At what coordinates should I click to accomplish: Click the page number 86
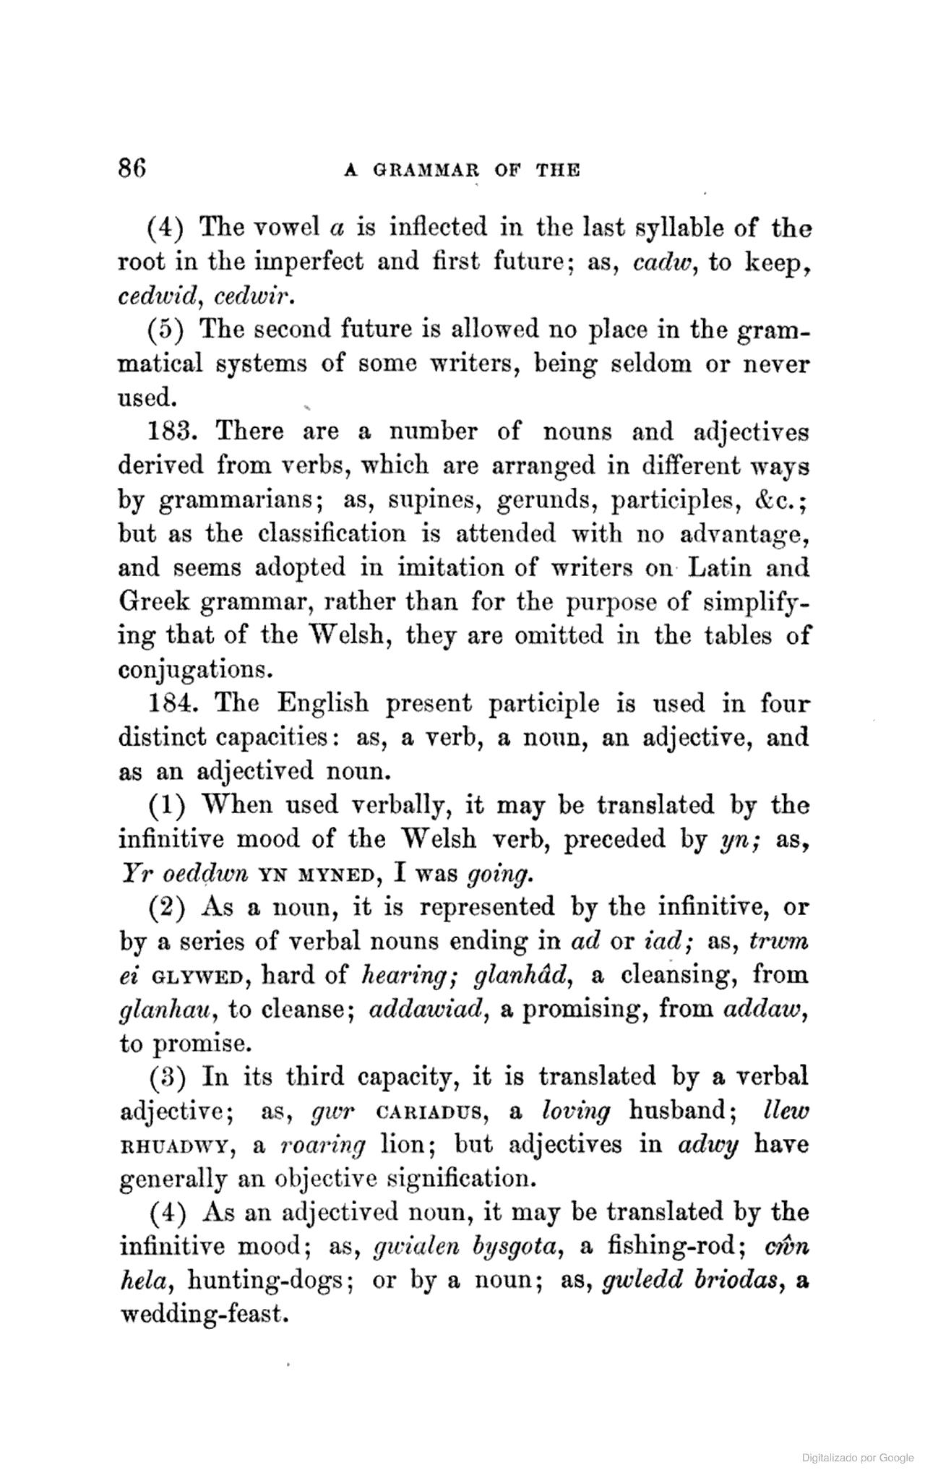[x=133, y=168]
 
